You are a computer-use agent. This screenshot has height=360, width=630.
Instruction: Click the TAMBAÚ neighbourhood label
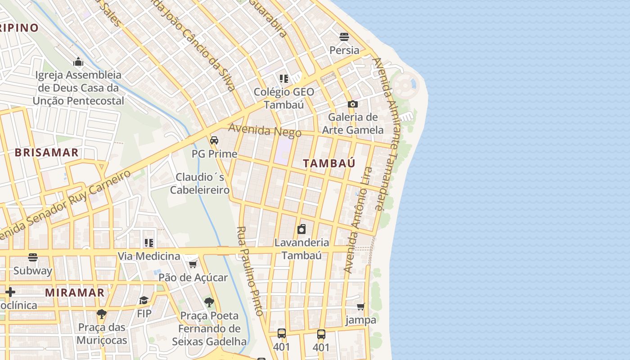[329, 163]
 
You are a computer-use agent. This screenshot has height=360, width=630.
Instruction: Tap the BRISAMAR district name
[47, 153]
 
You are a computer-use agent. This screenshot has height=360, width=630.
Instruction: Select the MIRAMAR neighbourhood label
[75, 292]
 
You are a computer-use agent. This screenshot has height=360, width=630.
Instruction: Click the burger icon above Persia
[344, 36]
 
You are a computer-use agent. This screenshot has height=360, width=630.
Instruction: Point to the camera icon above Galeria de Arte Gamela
[353, 104]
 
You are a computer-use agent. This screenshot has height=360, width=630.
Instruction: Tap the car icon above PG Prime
[214, 140]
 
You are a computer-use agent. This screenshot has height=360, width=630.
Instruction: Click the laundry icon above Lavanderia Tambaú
[301, 229]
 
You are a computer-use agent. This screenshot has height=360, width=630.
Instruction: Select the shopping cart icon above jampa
[360, 306]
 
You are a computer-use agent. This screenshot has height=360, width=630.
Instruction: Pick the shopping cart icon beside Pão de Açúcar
[193, 264]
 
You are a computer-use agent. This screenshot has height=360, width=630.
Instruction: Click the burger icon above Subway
[33, 257]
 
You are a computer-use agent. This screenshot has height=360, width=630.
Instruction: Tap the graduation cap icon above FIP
[144, 300]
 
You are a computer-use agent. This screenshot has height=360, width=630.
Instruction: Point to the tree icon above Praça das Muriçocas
[102, 314]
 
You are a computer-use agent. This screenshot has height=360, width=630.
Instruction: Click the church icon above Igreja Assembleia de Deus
[79, 61]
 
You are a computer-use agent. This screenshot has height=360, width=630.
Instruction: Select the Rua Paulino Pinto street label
[250, 271]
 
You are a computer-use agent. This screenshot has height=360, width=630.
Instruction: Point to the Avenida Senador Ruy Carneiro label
[65, 205]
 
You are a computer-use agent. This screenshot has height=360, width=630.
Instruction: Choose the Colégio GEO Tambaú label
[284, 98]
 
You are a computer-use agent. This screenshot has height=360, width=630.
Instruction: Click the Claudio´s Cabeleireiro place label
[200, 183]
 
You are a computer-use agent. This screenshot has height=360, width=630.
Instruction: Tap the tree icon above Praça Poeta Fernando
[209, 302]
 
